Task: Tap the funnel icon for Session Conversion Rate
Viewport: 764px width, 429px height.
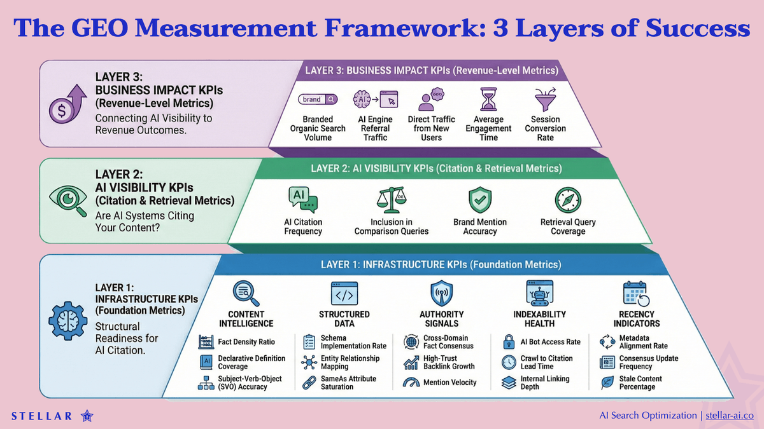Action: [545, 100]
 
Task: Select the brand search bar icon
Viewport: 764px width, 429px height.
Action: [318, 99]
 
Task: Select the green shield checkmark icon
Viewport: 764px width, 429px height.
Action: [480, 200]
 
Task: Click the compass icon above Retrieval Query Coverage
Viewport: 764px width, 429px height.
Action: [567, 200]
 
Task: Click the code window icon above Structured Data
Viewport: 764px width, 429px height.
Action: [344, 294]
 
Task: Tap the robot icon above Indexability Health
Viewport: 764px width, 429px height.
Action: [539, 294]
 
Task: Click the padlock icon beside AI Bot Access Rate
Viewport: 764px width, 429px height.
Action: [508, 342]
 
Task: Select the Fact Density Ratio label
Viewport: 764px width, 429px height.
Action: [246, 342]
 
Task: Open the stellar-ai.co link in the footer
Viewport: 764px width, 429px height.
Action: [728, 415]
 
